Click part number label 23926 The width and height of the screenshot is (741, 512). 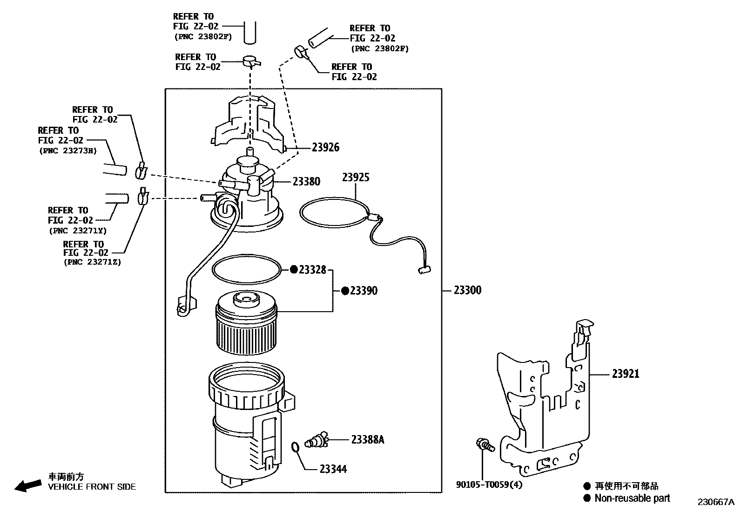click(x=325, y=147)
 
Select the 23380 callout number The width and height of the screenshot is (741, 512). click(x=306, y=182)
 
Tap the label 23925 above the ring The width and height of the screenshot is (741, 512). click(x=356, y=177)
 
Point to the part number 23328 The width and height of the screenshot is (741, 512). click(x=312, y=270)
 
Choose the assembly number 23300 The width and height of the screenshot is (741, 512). click(x=467, y=290)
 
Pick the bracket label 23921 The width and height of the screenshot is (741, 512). click(x=625, y=374)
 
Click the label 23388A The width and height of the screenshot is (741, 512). click(x=367, y=439)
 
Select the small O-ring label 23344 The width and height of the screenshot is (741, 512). click(x=333, y=469)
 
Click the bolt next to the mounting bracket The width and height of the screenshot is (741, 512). click(x=484, y=444)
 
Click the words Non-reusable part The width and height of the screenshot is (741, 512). click(x=632, y=498)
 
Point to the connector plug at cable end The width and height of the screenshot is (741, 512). click(x=424, y=269)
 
